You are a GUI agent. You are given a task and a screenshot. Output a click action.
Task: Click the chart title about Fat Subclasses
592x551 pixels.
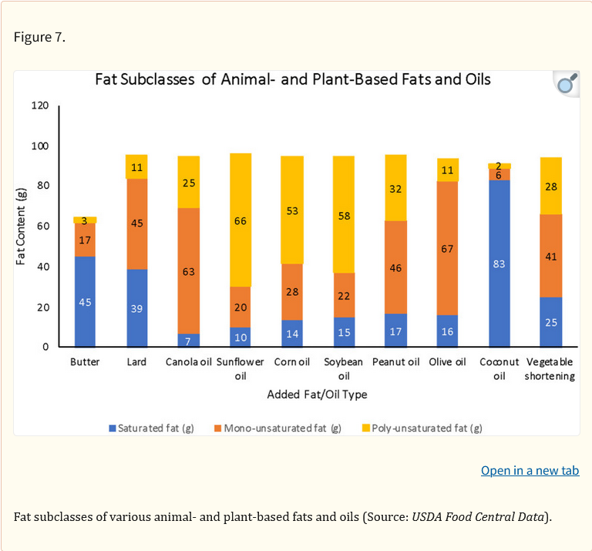tap(292, 79)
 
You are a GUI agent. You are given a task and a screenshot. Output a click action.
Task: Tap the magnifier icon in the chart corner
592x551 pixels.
tap(567, 83)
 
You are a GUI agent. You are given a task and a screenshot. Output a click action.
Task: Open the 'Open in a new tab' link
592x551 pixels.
tap(530, 470)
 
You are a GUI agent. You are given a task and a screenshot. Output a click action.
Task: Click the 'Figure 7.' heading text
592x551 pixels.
tap(39, 37)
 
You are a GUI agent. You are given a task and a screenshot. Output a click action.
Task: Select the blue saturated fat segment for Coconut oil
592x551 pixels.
tap(499, 264)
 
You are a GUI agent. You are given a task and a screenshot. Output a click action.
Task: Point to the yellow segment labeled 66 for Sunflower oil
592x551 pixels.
tap(240, 220)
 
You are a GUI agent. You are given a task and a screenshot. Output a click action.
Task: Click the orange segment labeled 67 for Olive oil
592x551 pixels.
tap(447, 248)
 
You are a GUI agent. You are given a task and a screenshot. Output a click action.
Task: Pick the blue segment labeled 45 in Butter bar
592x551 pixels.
tap(85, 301)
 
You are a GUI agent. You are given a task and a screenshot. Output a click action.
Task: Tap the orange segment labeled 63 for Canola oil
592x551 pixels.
tap(189, 270)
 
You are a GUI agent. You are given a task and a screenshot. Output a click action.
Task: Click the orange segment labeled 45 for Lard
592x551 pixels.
tap(136, 223)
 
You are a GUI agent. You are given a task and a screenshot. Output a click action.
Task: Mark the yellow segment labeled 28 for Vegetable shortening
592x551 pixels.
tap(550, 186)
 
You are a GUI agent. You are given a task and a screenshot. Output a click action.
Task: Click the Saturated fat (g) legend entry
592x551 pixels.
tap(151, 428)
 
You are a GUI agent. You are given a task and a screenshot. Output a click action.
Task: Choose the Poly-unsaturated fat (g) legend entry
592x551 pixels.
tap(422, 428)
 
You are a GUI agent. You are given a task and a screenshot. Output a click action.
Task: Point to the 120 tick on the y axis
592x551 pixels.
tap(40, 106)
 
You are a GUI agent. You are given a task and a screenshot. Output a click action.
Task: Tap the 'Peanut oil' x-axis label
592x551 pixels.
tap(395, 362)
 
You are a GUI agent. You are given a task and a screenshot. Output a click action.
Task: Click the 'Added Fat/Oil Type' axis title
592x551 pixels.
tap(317, 395)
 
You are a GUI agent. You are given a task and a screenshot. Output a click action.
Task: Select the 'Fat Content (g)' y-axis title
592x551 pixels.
tap(22, 227)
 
